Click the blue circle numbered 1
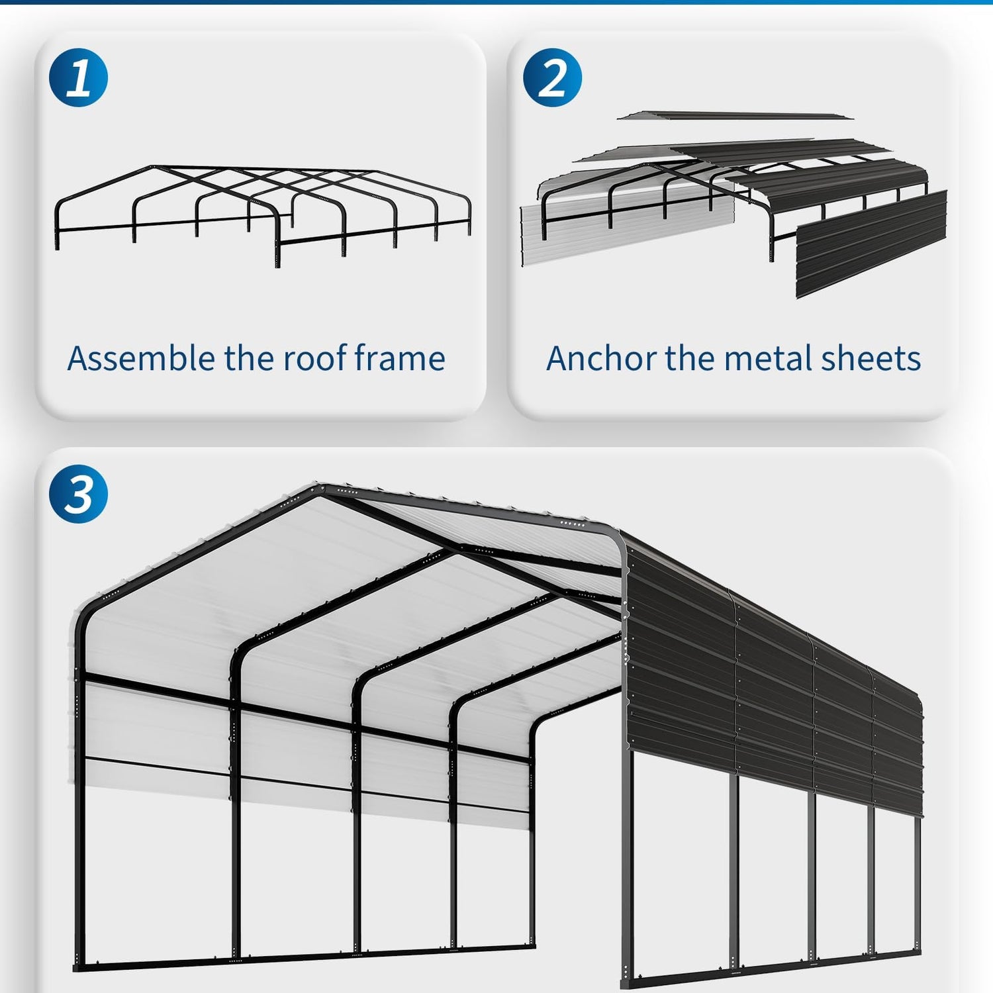coord(78,77)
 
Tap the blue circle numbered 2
coord(552,77)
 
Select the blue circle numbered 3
coord(78,494)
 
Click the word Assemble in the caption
coord(138,358)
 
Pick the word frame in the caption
coord(399,358)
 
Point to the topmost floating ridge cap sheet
coord(735,116)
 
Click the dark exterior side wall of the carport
coord(771,675)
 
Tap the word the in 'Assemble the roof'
coord(246,358)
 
